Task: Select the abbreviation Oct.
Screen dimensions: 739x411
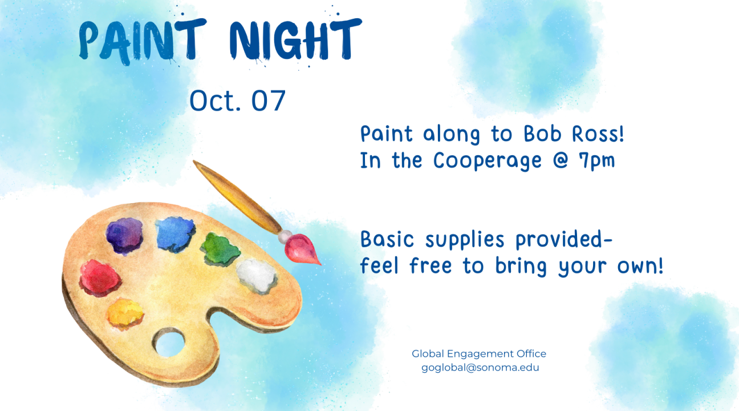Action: coord(215,100)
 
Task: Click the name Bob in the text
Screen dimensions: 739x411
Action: coord(542,134)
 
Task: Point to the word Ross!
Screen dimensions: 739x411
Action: coord(598,134)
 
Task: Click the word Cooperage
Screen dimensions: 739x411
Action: coord(488,161)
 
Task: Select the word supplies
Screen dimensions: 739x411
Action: coord(465,240)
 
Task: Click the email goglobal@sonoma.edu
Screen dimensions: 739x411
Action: coord(480,368)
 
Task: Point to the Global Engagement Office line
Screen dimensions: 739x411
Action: coord(479,354)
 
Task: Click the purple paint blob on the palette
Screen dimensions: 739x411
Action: coord(124,236)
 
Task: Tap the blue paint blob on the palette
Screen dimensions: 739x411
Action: coord(175,234)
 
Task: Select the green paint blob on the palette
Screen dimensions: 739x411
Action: coord(220,249)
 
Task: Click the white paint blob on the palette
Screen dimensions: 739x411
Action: coord(257,275)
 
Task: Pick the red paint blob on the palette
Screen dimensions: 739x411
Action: coord(100,277)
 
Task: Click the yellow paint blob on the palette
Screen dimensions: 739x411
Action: coord(125,313)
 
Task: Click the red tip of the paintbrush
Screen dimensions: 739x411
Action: coord(301,249)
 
